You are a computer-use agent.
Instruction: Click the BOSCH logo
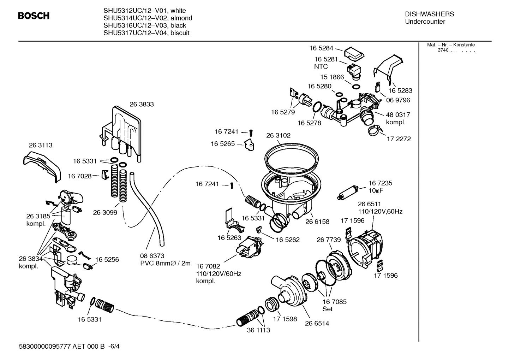coord(34,16)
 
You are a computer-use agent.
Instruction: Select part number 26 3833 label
coord(142,104)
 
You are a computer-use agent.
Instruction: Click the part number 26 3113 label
coord(41,145)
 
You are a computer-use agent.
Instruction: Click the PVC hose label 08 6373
coord(152,255)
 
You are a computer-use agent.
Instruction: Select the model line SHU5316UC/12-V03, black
coord(145,25)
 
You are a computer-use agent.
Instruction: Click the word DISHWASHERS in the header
coord(429,14)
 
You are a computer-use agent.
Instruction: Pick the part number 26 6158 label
coord(317,222)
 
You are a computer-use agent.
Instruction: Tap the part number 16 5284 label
coord(321,48)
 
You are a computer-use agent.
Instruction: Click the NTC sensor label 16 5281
coord(326,59)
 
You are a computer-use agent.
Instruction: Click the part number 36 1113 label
coord(258,330)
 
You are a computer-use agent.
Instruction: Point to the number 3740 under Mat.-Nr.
coord(443,50)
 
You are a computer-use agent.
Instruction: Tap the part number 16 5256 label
coord(107,259)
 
